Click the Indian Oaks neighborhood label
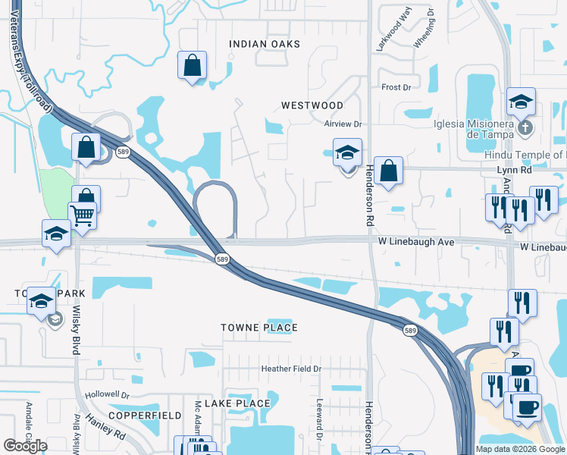[265, 44]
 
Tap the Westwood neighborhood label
[312, 105]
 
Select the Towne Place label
[259, 328]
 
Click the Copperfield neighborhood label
[144, 416]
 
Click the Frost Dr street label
[396, 88]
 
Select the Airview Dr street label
[344, 124]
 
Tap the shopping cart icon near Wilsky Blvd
[82, 216]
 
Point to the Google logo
[25, 445]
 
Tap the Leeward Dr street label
[320, 419]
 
